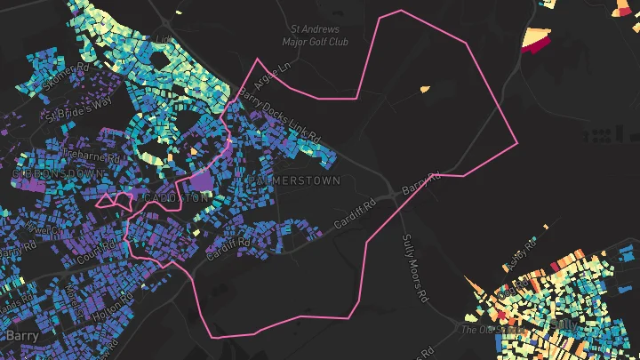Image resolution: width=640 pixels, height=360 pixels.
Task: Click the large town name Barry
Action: tap(21, 336)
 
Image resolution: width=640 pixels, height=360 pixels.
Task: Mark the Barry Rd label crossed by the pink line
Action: tap(420, 184)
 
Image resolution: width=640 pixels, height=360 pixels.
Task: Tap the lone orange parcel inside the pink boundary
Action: tap(423, 88)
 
